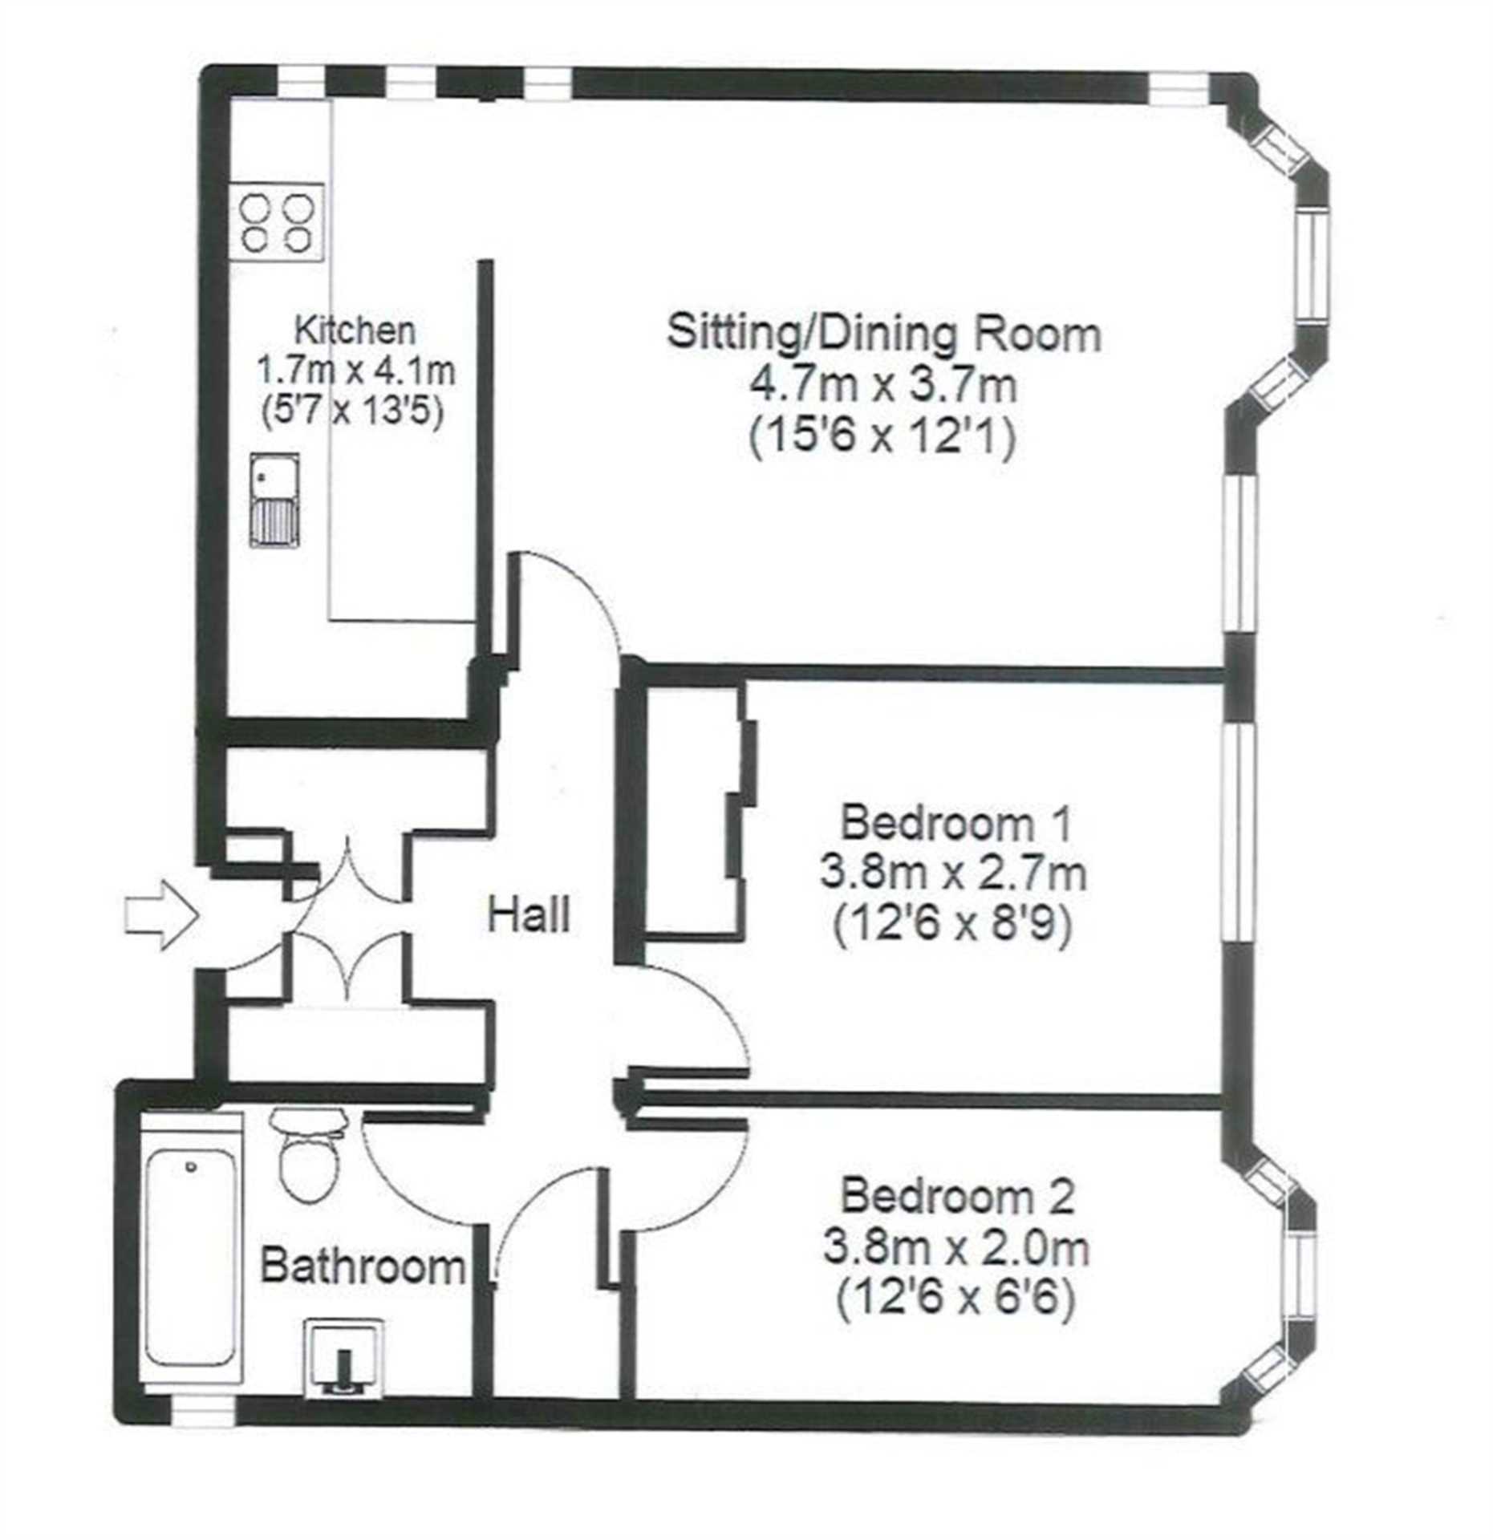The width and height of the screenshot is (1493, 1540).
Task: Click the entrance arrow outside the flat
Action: tap(160, 915)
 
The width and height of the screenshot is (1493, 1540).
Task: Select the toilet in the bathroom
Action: tap(307, 1154)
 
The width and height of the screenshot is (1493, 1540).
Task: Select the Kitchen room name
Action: tap(355, 330)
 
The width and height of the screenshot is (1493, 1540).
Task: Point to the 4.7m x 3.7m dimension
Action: tap(883, 386)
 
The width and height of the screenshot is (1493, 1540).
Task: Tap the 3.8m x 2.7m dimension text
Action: tap(953, 874)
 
